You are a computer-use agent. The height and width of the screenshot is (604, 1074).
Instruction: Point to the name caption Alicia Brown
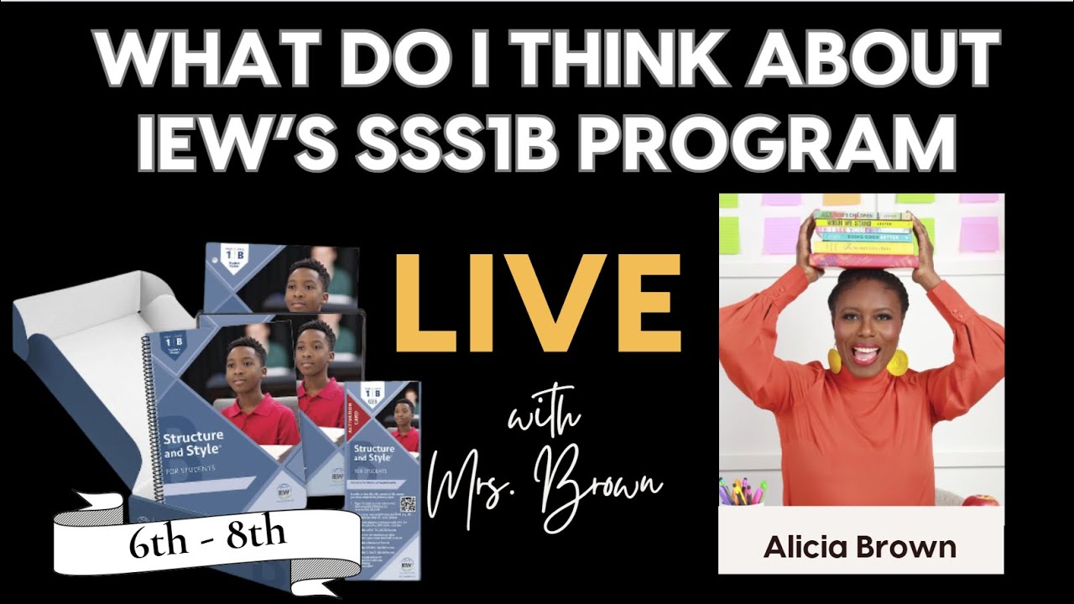(860, 547)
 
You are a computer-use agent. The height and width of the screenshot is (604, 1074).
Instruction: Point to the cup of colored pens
(743, 492)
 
